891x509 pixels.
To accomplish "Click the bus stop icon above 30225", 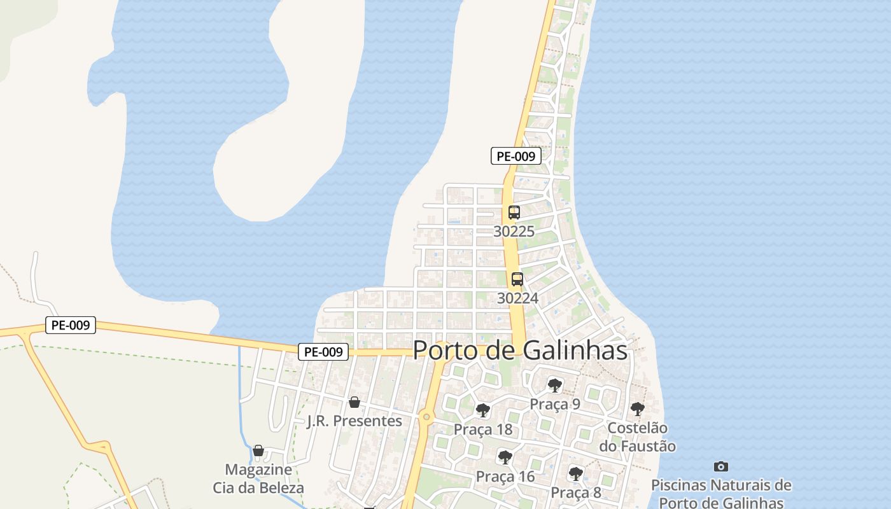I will (x=514, y=213).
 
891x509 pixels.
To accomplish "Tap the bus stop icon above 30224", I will (x=517, y=279).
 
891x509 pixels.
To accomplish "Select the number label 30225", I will (x=514, y=232).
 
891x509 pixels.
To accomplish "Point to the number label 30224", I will (x=517, y=298).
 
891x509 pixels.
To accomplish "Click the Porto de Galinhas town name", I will (x=520, y=351).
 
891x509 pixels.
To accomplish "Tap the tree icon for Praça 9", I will (x=555, y=385).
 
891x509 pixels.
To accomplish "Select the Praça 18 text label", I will (x=483, y=429).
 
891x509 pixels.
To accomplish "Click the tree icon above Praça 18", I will (x=483, y=410).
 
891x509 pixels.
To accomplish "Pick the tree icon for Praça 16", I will (x=505, y=457).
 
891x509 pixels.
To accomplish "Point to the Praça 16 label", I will (x=505, y=477).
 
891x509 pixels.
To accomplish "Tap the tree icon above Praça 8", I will (x=575, y=473).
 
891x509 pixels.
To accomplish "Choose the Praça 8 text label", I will (x=576, y=492).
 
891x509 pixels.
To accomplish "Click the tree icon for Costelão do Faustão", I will (x=637, y=409).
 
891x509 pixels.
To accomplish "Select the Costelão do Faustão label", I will (x=637, y=436).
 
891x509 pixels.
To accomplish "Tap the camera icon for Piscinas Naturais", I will (x=720, y=466).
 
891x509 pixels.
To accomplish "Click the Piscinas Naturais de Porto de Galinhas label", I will (x=721, y=494).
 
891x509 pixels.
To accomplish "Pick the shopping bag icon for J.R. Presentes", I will (x=354, y=402).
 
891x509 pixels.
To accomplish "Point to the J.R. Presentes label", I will (x=354, y=421).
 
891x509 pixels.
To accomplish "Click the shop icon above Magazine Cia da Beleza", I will (x=258, y=450).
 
